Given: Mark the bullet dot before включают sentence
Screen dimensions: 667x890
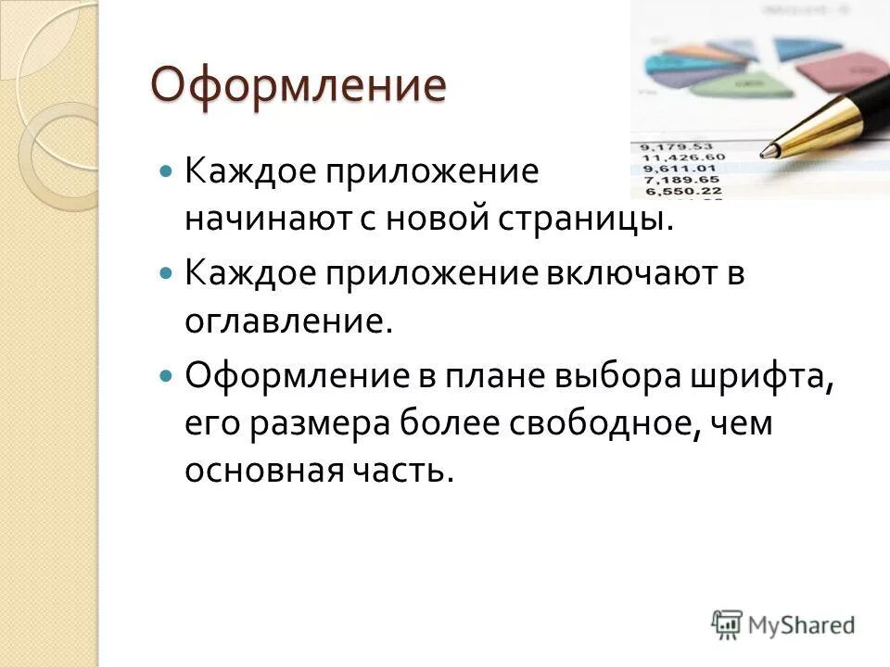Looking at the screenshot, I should pyautogui.click(x=166, y=274).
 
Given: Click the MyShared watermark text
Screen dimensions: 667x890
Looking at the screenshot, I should pyautogui.click(x=802, y=625).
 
